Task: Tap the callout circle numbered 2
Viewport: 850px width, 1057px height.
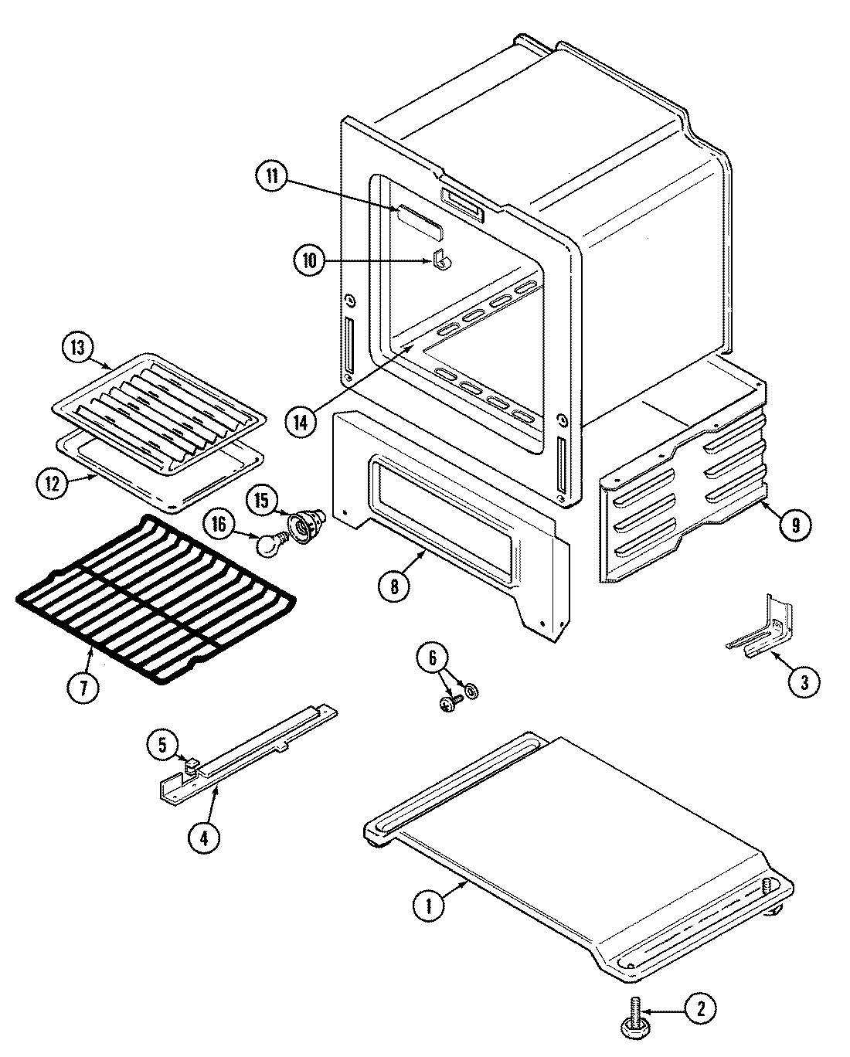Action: (x=700, y=1009)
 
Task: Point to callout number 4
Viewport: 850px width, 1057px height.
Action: (x=203, y=838)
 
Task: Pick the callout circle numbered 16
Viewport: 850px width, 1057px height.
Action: (x=219, y=525)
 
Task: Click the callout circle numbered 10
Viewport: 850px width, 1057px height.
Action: (x=309, y=260)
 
